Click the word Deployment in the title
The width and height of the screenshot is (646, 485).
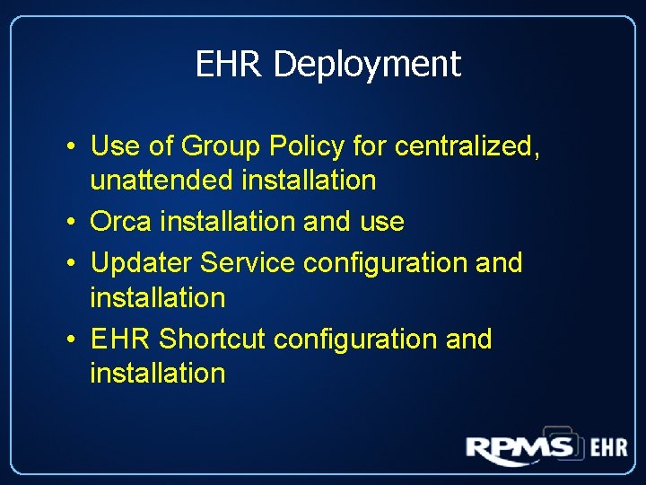(367, 65)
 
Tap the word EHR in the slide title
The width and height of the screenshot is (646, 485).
(231, 65)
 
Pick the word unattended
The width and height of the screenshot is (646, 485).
(162, 180)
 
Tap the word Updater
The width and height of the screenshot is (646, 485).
(142, 263)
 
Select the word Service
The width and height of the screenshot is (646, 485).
(248, 263)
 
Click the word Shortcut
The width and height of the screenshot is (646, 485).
(213, 339)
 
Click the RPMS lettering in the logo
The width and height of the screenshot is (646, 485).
(519, 446)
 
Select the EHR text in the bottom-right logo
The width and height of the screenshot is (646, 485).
(607, 447)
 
